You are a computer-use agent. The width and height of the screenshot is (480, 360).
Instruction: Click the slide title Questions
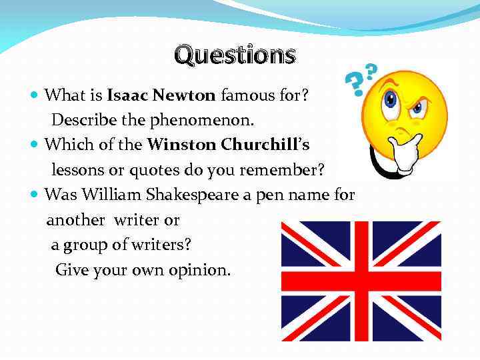(235, 55)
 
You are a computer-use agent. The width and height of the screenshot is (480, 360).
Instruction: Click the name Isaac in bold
(127, 95)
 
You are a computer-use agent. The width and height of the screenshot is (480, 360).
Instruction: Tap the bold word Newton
(184, 95)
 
